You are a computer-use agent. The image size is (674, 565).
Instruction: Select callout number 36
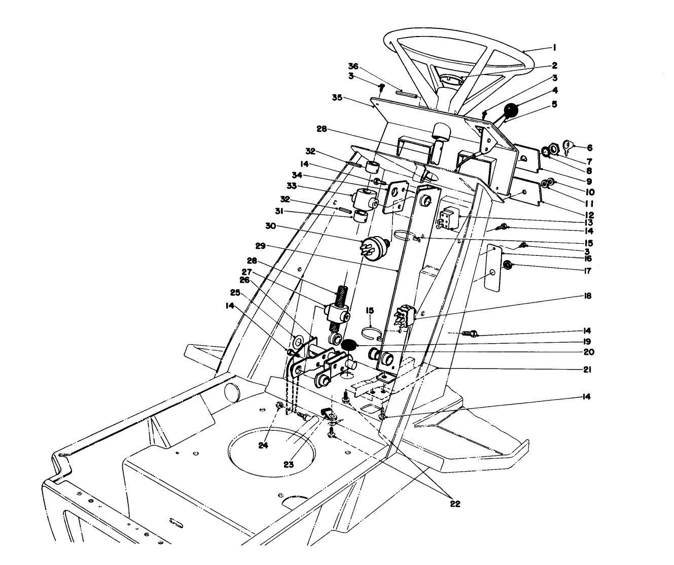click(x=353, y=66)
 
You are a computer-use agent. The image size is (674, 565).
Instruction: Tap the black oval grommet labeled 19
click(x=348, y=345)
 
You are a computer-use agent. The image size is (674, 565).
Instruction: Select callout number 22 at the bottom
click(x=455, y=504)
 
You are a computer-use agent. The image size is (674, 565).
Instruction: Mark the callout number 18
click(x=587, y=295)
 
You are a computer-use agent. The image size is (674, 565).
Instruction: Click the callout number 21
click(x=587, y=370)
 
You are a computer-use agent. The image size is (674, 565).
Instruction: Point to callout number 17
click(x=587, y=270)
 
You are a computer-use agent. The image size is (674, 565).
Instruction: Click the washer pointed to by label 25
click(x=298, y=339)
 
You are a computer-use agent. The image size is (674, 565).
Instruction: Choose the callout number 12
click(x=587, y=214)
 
